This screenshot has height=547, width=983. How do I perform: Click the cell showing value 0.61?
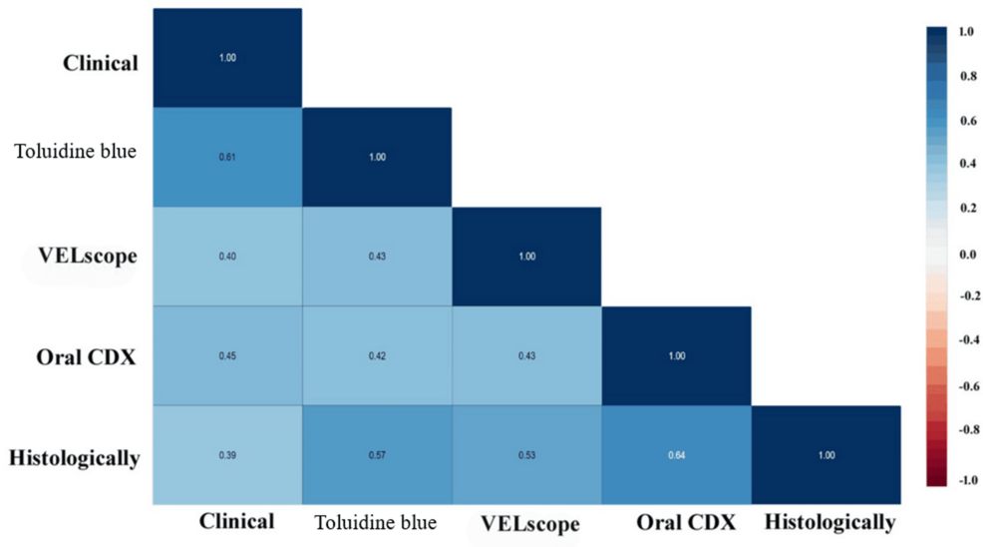click(x=227, y=157)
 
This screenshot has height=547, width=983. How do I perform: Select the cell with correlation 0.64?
click(x=676, y=455)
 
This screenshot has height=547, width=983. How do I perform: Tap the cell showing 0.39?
click(x=227, y=455)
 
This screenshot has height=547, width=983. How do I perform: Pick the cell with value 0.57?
click(x=377, y=455)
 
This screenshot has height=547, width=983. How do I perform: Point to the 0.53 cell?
click(x=526, y=455)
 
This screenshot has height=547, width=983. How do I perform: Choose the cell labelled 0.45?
click(x=227, y=356)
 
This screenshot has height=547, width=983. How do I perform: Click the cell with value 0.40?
click(x=227, y=257)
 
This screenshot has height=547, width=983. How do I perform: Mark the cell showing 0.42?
click(x=377, y=356)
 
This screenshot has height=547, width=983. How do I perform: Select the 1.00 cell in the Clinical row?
click(x=227, y=58)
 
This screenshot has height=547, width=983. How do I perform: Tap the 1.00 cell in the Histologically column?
click(x=825, y=455)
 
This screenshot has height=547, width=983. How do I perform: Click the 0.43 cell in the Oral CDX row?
click(x=526, y=356)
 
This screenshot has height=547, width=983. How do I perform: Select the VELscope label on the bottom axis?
click(x=529, y=524)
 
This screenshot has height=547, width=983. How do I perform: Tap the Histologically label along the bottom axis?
click(x=829, y=522)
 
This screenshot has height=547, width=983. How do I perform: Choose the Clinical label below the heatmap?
click(x=236, y=521)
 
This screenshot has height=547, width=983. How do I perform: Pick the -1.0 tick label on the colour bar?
click(x=965, y=480)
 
